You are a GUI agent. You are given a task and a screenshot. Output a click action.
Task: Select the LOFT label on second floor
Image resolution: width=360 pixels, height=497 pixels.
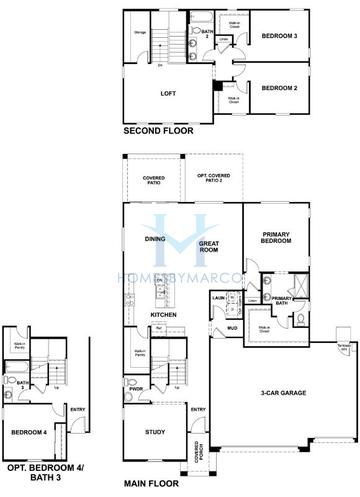(x=168, y=94)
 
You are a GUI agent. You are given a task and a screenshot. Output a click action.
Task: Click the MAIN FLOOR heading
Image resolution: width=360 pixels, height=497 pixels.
(x=153, y=482)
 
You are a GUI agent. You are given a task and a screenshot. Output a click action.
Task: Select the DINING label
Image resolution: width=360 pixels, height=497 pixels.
(x=156, y=239)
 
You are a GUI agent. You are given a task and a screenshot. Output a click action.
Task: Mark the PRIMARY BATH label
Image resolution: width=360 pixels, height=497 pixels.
(x=282, y=302)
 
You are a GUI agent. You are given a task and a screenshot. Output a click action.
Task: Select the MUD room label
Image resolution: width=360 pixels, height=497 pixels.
(x=230, y=327)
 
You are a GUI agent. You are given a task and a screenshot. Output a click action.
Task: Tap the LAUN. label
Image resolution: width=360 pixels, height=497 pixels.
(x=217, y=298)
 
